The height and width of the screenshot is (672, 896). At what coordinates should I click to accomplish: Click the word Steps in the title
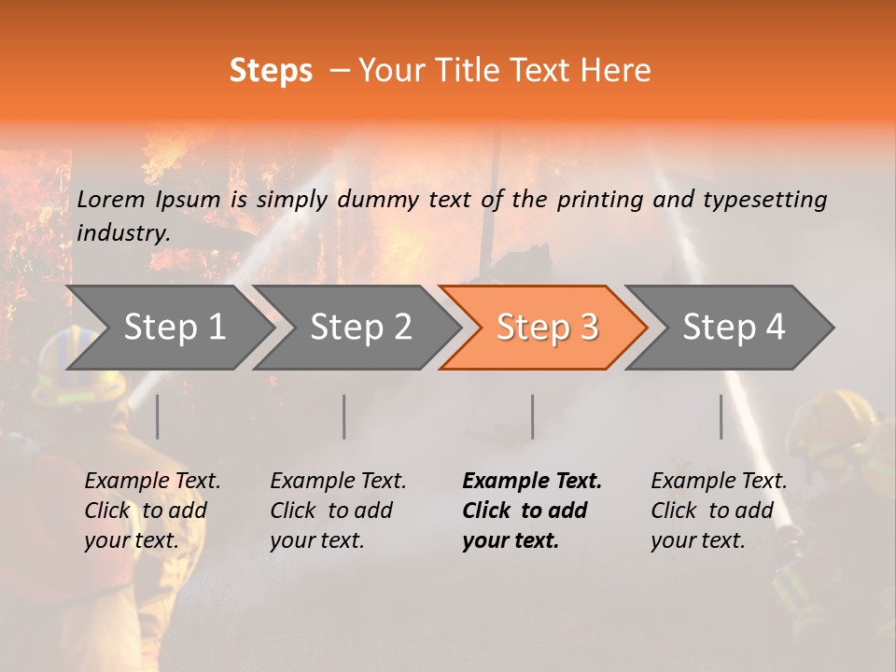pyautogui.click(x=271, y=71)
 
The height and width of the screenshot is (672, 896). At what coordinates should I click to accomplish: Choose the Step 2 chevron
pyautogui.click(x=360, y=328)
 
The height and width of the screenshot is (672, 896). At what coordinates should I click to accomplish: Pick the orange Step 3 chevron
pyautogui.click(x=547, y=328)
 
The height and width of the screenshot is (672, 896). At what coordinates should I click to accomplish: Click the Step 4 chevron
pyautogui.click(x=734, y=328)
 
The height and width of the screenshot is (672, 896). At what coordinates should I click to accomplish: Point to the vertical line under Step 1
pyautogui.click(x=157, y=416)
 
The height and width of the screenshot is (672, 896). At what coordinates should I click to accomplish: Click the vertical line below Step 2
pyautogui.click(x=344, y=416)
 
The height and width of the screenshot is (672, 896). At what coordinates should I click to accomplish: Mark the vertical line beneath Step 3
pyautogui.click(x=533, y=416)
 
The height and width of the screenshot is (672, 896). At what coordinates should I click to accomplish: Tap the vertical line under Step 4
pyautogui.click(x=721, y=416)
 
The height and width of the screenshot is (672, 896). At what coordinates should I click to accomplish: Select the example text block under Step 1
pyautogui.click(x=152, y=511)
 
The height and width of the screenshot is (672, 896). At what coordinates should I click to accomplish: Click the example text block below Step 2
pyautogui.click(x=338, y=511)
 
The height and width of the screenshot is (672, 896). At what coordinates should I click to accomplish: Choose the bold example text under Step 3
pyautogui.click(x=532, y=511)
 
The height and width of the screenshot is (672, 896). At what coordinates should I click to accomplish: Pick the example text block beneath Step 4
pyautogui.click(x=719, y=511)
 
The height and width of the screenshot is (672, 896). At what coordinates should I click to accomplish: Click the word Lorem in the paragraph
pyautogui.click(x=111, y=199)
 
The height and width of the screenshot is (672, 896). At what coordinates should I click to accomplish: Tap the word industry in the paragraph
pyautogui.click(x=122, y=233)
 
